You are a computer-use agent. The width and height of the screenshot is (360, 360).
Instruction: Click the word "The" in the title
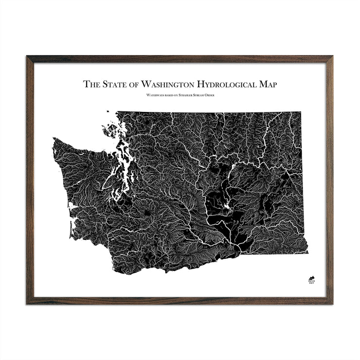coord(90,84)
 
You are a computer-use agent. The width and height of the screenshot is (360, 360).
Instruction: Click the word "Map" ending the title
coord(268,84)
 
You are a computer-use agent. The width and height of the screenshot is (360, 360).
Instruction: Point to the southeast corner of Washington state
coord(306,252)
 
